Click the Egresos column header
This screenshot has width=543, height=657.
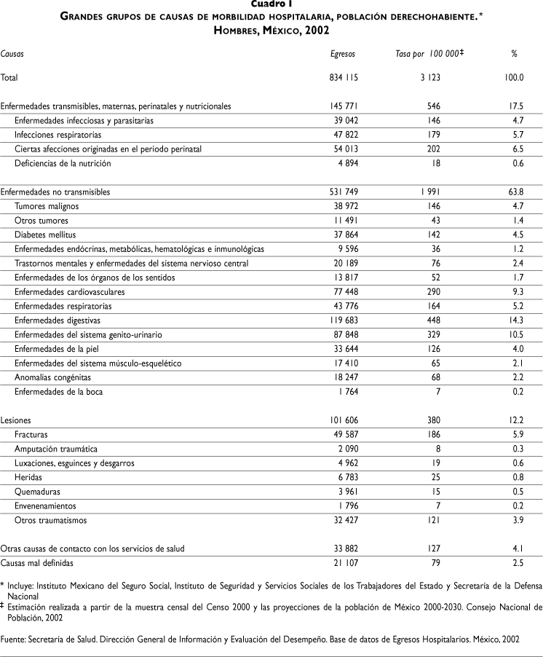344,54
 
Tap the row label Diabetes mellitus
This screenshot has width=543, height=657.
45,235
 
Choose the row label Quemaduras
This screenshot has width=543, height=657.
37,492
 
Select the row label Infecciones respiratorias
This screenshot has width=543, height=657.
58,135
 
